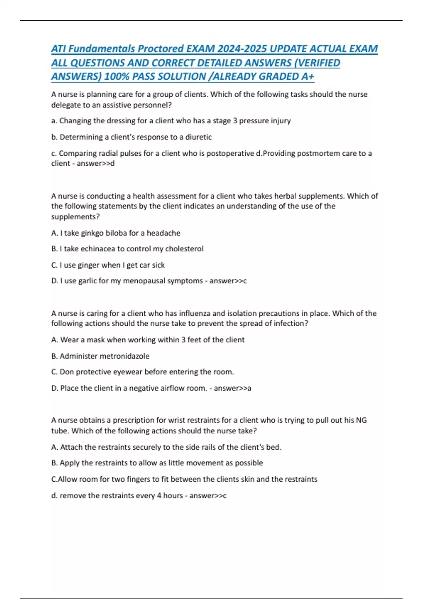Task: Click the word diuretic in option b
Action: click(x=198, y=137)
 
